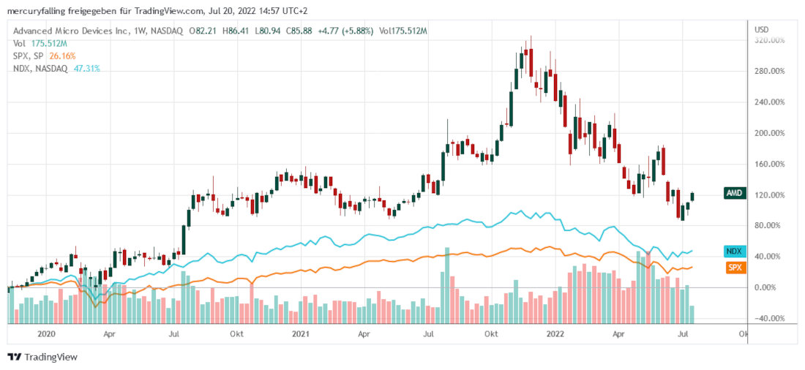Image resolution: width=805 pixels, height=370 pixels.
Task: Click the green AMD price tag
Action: (x=734, y=194)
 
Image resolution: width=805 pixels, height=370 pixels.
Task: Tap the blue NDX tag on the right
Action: (x=734, y=251)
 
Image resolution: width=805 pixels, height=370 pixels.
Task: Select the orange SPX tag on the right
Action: (x=734, y=268)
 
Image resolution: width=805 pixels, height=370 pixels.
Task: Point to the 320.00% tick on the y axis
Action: (x=771, y=40)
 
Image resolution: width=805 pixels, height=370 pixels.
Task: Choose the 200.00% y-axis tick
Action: (x=771, y=133)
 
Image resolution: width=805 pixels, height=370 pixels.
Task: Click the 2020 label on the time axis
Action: (x=45, y=334)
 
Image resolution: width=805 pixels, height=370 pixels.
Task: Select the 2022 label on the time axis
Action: (x=558, y=334)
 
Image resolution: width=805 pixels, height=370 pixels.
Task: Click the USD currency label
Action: (x=761, y=30)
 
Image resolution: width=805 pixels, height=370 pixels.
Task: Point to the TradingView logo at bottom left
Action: (x=42, y=357)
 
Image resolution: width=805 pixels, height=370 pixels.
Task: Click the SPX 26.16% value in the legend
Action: (x=62, y=56)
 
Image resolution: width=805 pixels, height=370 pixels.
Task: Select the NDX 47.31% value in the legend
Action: (x=86, y=68)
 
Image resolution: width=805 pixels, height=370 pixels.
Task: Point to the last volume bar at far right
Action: (x=692, y=314)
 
